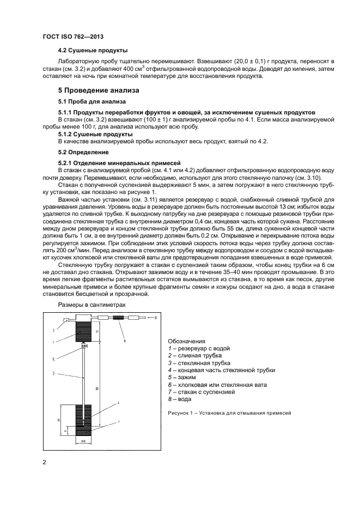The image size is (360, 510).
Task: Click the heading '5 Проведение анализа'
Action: [x=99, y=90]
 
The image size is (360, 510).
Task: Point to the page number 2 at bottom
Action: [x=45, y=463]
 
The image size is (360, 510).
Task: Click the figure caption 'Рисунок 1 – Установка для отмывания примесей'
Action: [x=230, y=412]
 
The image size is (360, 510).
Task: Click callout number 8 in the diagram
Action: [x=155, y=317]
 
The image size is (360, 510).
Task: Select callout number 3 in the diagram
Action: [x=54, y=373]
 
